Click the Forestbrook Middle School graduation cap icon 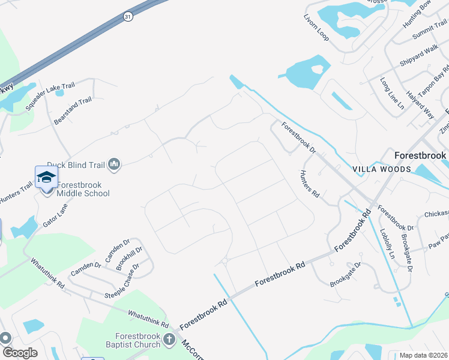46,176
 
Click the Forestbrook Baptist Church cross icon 170,340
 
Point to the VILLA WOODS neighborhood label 385,169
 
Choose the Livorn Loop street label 316,28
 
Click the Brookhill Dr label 129,258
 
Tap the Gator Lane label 55,214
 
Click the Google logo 20,353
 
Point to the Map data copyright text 424,355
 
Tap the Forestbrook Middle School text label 83,189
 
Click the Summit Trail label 430,31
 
